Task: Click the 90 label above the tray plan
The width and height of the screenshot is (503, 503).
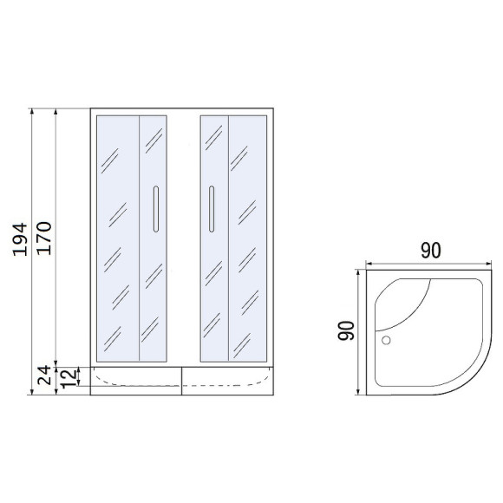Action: [x=431, y=251]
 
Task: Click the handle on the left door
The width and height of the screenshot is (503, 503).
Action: [x=154, y=208]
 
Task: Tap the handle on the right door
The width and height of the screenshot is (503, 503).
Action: [x=210, y=208]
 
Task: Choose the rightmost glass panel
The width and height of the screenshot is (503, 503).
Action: [x=248, y=237]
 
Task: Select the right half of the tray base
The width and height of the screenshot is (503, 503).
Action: [x=228, y=381]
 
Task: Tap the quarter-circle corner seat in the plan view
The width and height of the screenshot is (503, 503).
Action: [x=408, y=299]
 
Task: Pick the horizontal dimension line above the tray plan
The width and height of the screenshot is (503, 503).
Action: [x=431, y=265]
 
